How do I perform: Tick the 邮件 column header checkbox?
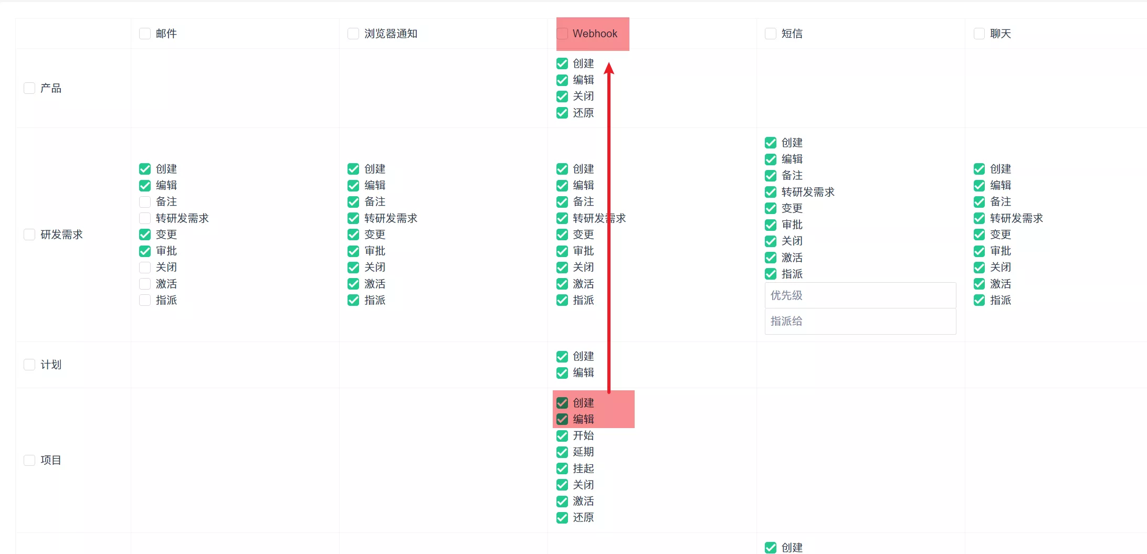[145, 34]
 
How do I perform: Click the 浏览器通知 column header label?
[391, 34]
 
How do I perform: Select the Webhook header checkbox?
[562, 34]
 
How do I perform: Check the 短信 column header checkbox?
[771, 34]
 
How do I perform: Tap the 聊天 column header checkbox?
[979, 34]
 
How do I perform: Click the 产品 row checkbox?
[29, 88]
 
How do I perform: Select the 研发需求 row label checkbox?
[29, 235]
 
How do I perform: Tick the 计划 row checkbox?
[29, 365]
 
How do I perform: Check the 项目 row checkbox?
[29, 460]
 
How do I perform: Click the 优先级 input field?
[860, 295]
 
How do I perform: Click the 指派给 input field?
[860, 321]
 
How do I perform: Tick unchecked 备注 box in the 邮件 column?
[145, 202]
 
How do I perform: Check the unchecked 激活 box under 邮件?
[145, 284]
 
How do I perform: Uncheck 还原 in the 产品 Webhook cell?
[562, 113]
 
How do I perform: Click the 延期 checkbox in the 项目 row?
[562, 452]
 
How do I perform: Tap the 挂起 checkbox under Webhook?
[562, 468]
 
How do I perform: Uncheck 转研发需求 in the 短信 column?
[771, 192]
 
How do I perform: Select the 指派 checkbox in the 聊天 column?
[979, 300]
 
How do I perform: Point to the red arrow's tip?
[609, 62]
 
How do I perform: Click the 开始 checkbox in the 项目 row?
[562, 435]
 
